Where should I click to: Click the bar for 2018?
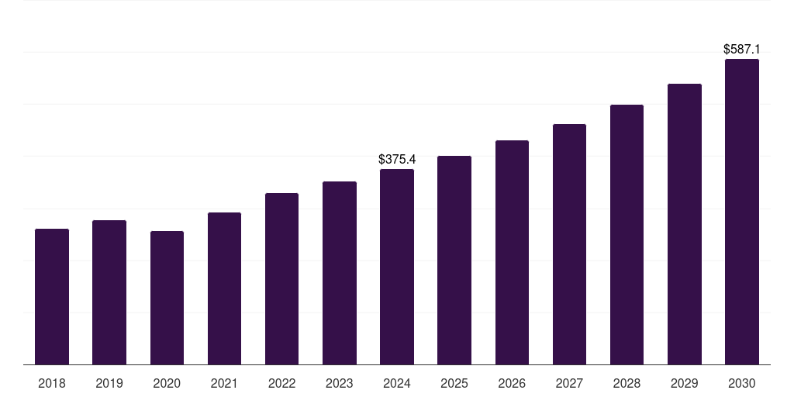tap(52, 296)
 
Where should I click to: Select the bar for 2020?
tap(167, 298)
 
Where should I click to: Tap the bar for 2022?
tap(281, 278)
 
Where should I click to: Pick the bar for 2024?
tap(397, 267)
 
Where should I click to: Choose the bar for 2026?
tap(512, 252)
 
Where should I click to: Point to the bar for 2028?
tap(627, 234)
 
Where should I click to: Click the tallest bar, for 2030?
tap(741, 212)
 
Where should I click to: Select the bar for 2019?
tap(109, 292)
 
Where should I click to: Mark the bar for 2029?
tap(684, 224)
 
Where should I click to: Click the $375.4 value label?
tap(397, 159)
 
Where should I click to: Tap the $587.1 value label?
tap(741, 49)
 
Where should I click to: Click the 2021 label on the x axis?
tap(224, 383)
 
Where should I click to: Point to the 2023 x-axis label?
tap(339, 383)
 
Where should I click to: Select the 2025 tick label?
tap(454, 383)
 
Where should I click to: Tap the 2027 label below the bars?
tap(569, 383)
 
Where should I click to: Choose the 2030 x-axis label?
tap(741, 383)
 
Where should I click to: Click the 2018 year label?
tap(52, 383)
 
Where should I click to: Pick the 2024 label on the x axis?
tap(397, 383)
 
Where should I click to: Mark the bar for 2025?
tap(454, 260)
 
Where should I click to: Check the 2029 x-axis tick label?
tap(684, 383)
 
